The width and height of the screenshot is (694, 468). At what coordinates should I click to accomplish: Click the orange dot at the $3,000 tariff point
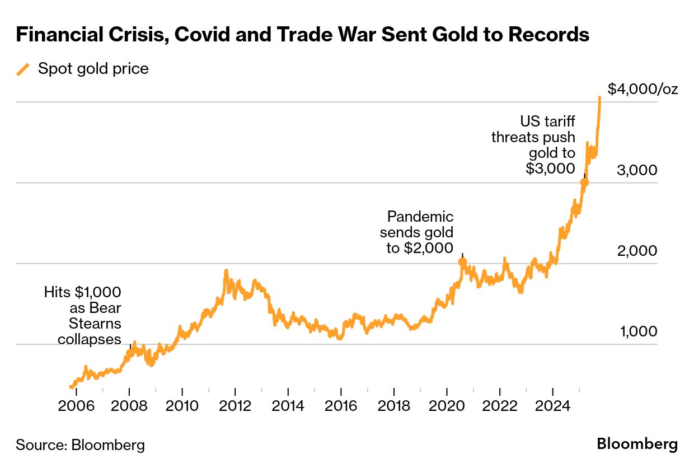click(x=584, y=182)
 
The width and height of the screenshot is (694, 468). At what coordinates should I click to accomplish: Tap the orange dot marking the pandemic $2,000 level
click(x=462, y=261)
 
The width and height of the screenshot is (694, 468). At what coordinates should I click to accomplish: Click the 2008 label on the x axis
click(x=130, y=405)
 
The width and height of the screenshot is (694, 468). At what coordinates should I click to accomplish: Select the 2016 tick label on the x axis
click(x=341, y=405)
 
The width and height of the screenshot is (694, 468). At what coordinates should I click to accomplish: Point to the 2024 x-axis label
click(x=552, y=405)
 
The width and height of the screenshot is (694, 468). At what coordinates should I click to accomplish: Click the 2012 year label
click(x=235, y=405)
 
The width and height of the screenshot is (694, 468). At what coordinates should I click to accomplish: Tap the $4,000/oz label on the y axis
click(x=643, y=89)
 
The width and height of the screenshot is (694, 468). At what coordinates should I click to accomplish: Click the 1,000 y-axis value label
click(x=637, y=331)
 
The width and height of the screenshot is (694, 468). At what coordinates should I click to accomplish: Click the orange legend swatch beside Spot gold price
click(x=23, y=69)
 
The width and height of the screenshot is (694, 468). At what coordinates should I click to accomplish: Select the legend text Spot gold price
click(x=93, y=69)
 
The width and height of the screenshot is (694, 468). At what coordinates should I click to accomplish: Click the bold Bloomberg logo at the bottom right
click(x=637, y=444)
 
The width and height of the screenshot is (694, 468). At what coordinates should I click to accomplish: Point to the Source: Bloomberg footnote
click(x=80, y=445)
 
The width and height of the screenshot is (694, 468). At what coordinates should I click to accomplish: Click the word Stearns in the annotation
click(x=95, y=324)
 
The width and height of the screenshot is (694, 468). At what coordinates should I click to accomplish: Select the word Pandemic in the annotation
click(x=420, y=217)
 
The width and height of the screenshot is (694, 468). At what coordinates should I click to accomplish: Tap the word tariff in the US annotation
click(x=557, y=121)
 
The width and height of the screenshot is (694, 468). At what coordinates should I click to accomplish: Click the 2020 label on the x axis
click(x=447, y=405)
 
